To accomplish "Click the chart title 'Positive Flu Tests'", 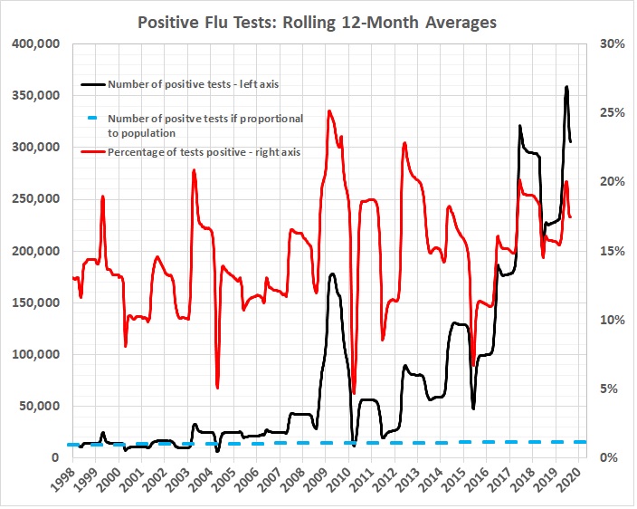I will point(317,21).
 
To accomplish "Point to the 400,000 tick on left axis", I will point(33,43).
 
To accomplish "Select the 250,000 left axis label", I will point(33,199).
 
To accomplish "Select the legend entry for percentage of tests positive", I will point(204,151).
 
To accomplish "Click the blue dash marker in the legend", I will point(90,119).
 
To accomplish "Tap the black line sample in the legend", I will point(90,85).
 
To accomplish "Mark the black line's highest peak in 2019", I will point(566,87).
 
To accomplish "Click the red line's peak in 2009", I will point(329,111).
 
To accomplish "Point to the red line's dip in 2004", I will point(218,388).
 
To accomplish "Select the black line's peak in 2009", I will point(333,274).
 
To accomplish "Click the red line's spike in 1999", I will point(103,197).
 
